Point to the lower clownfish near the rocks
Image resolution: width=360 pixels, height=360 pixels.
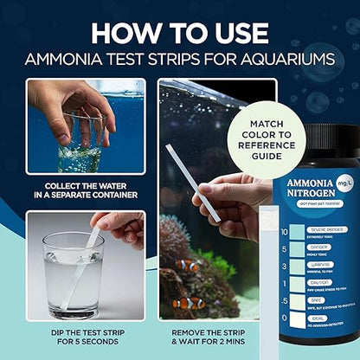[x=189, y=303]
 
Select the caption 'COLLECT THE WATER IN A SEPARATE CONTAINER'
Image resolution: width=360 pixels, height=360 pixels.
[x=85, y=190]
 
